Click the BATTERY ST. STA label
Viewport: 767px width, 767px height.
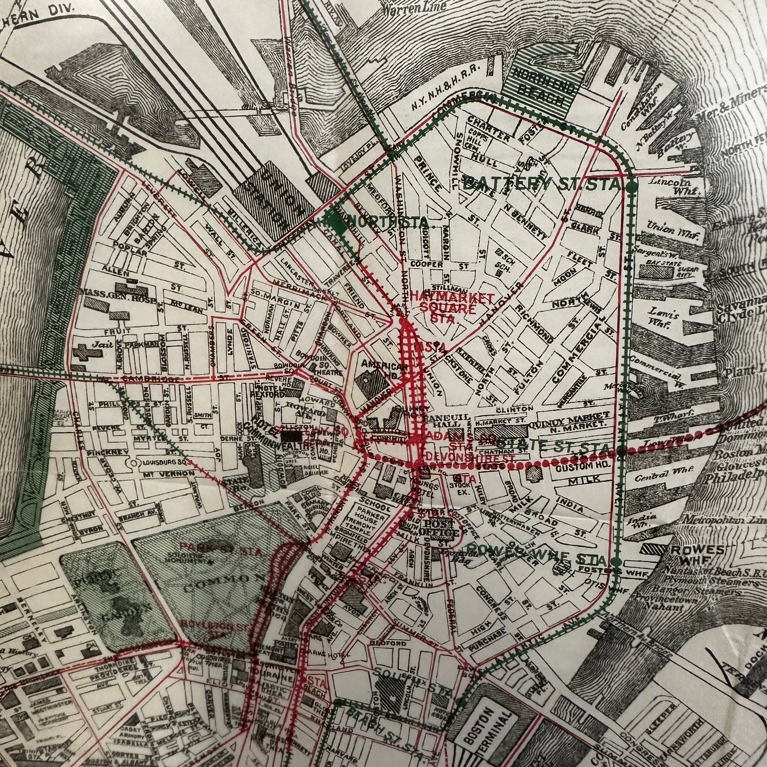point(541,185)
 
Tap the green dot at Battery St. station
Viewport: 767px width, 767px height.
point(632,187)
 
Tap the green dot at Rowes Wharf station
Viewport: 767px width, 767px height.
point(616,561)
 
